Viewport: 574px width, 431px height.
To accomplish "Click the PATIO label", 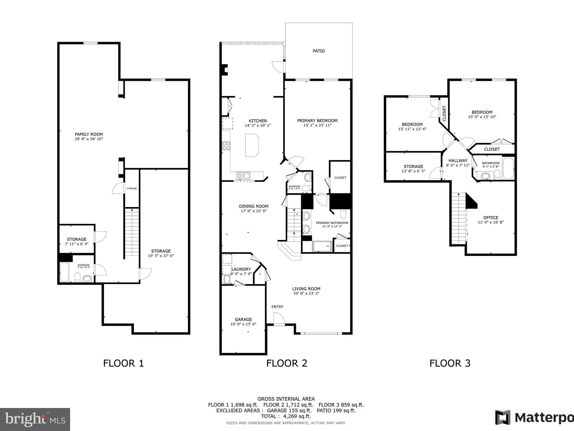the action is [319, 51].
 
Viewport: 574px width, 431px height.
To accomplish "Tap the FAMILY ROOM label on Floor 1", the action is [89, 134].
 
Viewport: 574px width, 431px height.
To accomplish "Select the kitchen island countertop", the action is [252, 145].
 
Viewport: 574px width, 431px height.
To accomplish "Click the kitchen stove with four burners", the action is [226, 146].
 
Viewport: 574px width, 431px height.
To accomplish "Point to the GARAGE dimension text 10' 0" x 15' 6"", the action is [243, 324].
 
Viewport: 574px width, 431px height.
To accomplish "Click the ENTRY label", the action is [277, 307].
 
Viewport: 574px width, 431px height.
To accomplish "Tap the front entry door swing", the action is [279, 319].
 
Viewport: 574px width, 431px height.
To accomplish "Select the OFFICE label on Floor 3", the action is [491, 217].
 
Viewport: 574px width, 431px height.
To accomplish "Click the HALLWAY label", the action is [458, 161].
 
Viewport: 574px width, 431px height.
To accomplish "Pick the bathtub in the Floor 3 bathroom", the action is [508, 168].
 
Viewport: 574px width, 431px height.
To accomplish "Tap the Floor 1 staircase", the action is [132, 232].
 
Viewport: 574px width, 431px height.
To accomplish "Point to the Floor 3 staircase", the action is [458, 219].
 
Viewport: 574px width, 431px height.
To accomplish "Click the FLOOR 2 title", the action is [287, 363].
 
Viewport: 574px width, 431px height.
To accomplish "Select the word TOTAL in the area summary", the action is [269, 416].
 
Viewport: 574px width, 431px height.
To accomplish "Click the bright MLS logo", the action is [35, 419].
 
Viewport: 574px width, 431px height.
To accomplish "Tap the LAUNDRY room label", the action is [241, 269].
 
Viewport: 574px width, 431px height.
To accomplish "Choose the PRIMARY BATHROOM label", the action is [332, 223].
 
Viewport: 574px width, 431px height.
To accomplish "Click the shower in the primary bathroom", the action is [322, 246].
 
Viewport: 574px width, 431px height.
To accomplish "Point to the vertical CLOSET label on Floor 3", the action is [444, 113].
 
